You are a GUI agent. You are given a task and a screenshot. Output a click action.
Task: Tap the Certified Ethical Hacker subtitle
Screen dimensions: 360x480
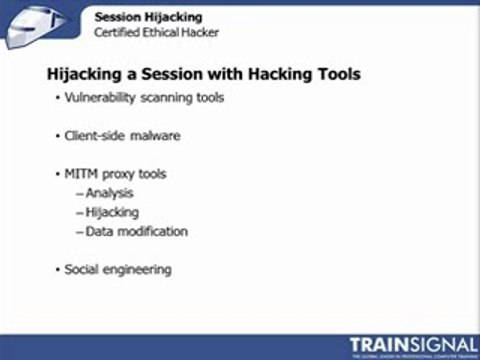155,32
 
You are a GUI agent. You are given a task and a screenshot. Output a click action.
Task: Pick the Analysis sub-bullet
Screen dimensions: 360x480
109,193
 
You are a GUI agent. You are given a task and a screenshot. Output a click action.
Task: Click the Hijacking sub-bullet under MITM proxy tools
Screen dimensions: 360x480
112,212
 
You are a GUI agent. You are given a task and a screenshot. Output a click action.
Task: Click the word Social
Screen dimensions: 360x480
82,269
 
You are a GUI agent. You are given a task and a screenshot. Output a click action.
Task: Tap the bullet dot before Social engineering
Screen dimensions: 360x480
57,269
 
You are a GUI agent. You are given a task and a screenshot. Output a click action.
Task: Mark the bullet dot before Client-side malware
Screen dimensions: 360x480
57,135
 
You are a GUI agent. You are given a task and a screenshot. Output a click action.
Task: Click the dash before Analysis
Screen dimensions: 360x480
79,193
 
